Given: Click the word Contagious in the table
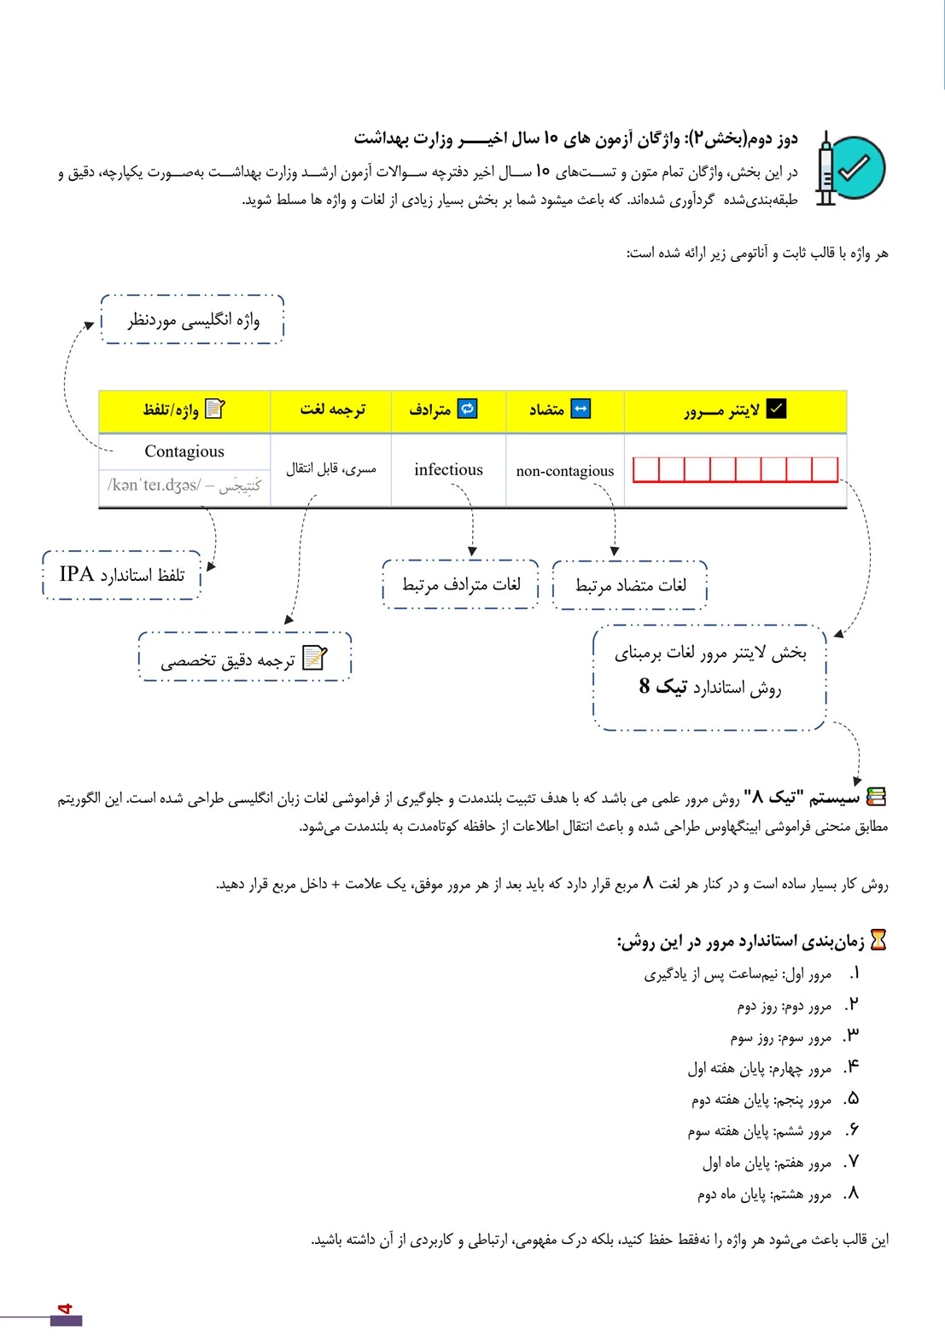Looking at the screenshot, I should click(184, 451).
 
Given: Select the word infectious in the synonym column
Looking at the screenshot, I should click(448, 469).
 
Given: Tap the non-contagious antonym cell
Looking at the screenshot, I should click(565, 471).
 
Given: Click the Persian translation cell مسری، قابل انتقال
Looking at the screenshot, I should click(331, 468).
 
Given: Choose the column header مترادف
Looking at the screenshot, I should click(442, 410).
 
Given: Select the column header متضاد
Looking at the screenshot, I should click(559, 410).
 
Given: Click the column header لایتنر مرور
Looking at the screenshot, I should click(734, 410).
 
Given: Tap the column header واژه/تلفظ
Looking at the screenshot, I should click(183, 410).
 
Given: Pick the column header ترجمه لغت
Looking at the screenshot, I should click(332, 410).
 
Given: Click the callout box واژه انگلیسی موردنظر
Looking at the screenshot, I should click(193, 320).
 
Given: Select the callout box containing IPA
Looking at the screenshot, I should click(121, 575).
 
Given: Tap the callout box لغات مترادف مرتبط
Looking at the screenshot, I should click(461, 584).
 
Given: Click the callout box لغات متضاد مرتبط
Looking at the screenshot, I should click(630, 585).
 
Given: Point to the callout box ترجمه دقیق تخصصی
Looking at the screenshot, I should click(244, 658).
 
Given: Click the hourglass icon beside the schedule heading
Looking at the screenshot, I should click(878, 940).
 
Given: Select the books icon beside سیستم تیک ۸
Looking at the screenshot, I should click(876, 797).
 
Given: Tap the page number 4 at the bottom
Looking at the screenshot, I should click(65, 1309).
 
